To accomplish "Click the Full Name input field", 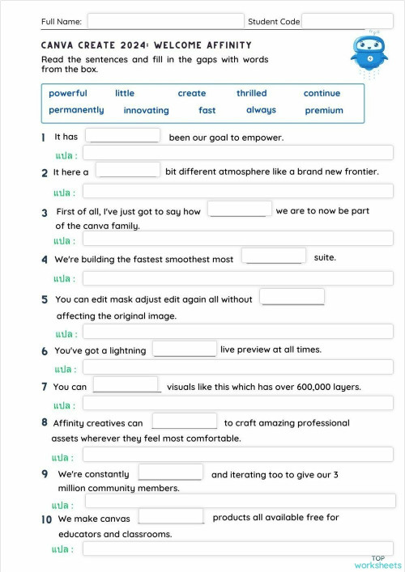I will [165, 21].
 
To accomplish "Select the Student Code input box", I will [336, 21].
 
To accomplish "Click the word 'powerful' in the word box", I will [68, 93].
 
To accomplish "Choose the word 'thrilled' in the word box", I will [251, 93].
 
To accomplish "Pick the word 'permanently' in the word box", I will [76, 110].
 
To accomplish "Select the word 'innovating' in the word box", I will [146, 110].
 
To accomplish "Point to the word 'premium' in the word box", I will [324, 110].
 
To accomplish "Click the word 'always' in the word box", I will [261, 110].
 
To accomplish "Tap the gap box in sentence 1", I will [122, 135].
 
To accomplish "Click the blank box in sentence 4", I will [274, 256].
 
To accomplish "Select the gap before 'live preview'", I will [185, 349].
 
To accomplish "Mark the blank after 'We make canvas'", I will [171, 516].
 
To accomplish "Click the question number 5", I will [45, 299].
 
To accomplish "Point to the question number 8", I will [45, 422].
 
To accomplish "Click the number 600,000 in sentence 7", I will [316, 387].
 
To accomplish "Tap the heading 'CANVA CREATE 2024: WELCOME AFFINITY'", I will [147, 46].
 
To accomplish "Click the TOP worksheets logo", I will [377, 562].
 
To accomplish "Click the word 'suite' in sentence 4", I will [324, 258].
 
